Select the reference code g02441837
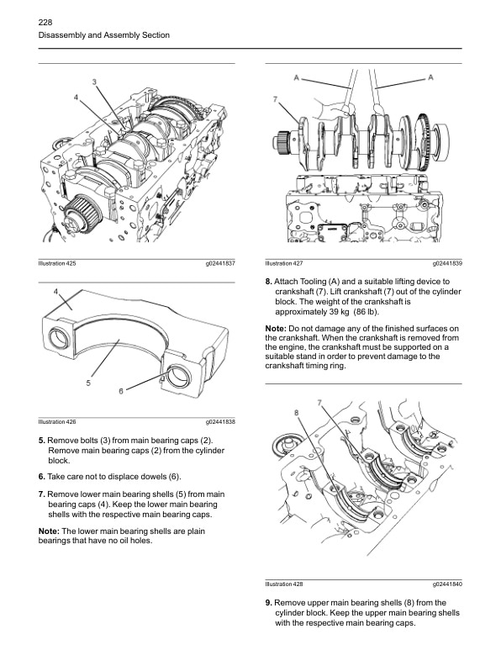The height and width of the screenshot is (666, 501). point(219,263)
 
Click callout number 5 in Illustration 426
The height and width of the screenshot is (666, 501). point(88,383)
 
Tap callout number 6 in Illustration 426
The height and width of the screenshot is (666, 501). point(121,391)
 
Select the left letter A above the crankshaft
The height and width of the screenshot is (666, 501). point(298,77)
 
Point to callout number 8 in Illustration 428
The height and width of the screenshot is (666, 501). point(297,412)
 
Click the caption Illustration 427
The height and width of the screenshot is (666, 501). point(284,263)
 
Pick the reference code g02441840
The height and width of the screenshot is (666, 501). point(447,584)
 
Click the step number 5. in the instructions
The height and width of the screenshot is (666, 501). point(42,441)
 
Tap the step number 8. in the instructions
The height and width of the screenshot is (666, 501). point(269,281)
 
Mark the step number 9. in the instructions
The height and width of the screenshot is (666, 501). point(269,603)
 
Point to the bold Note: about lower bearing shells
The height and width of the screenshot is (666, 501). point(50,531)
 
